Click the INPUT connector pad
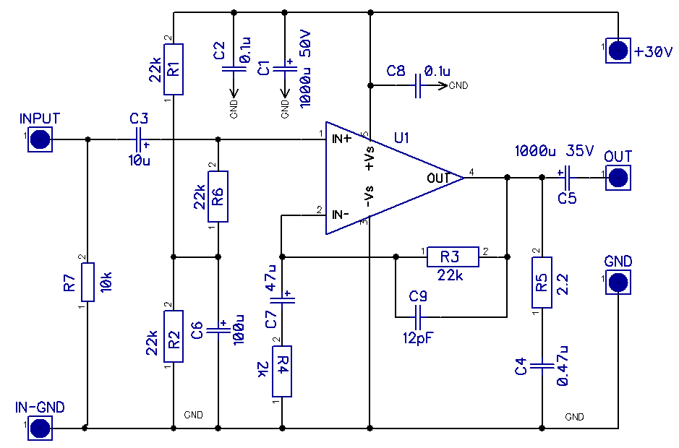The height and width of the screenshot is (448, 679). pyautogui.click(x=40, y=139)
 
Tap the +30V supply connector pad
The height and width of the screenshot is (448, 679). pyautogui.click(x=618, y=51)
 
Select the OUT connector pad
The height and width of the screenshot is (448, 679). pyautogui.click(x=618, y=177)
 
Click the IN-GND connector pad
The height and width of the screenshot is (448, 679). pyautogui.click(x=40, y=428)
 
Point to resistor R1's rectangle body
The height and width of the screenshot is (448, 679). pyautogui.click(x=174, y=69)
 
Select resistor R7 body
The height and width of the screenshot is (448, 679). pyautogui.click(x=87, y=282)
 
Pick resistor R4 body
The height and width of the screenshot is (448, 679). pyautogui.click(x=282, y=371)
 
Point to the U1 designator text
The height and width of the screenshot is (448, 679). pyautogui.click(x=402, y=137)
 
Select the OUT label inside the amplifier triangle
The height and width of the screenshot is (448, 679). pyautogui.click(x=438, y=177)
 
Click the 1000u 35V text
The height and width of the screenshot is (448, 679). pyautogui.click(x=555, y=152)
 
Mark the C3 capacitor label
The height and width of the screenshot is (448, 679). pyautogui.click(x=139, y=118)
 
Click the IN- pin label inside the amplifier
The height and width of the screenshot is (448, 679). pyautogui.click(x=342, y=215)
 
